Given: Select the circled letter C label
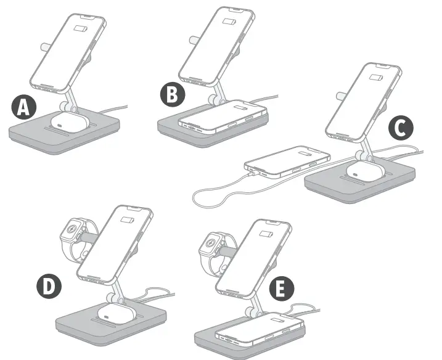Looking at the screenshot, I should tap(400, 128).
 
